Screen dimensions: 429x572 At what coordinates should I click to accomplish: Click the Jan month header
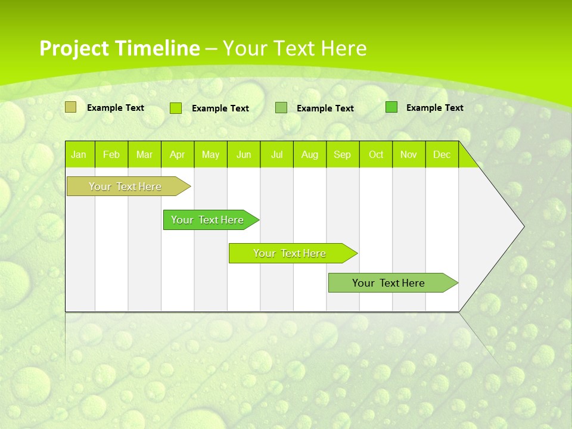click(x=79, y=154)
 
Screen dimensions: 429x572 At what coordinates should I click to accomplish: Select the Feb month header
click(x=111, y=154)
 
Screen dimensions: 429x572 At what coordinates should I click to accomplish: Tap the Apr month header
click(x=178, y=154)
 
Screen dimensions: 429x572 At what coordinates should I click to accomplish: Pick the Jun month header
click(x=244, y=154)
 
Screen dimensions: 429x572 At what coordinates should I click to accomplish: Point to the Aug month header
click(x=310, y=154)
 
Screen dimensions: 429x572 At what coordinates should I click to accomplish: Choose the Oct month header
click(x=376, y=154)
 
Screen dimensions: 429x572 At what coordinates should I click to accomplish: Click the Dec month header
click(x=442, y=154)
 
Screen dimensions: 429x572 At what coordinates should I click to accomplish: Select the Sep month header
click(x=343, y=154)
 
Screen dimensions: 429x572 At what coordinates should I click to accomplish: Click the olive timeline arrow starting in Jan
click(x=125, y=186)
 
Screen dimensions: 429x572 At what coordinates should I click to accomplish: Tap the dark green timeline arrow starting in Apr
click(x=207, y=220)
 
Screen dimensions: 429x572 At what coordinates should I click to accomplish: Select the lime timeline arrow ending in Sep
click(x=290, y=253)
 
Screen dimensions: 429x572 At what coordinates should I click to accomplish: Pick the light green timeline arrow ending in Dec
click(x=388, y=283)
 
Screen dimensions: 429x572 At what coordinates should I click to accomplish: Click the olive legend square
click(x=71, y=107)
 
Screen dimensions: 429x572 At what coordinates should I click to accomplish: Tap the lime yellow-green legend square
click(x=176, y=108)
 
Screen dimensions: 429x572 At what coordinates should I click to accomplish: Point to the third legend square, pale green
click(x=281, y=108)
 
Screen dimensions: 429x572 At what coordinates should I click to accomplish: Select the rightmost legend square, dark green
click(x=391, y=107)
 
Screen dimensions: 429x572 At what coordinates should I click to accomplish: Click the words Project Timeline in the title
click(x=119, y=48)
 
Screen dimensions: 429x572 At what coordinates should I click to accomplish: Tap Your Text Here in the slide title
click(x=294, y=48)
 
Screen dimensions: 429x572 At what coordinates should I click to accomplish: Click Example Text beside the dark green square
click(x=434, y=108)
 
